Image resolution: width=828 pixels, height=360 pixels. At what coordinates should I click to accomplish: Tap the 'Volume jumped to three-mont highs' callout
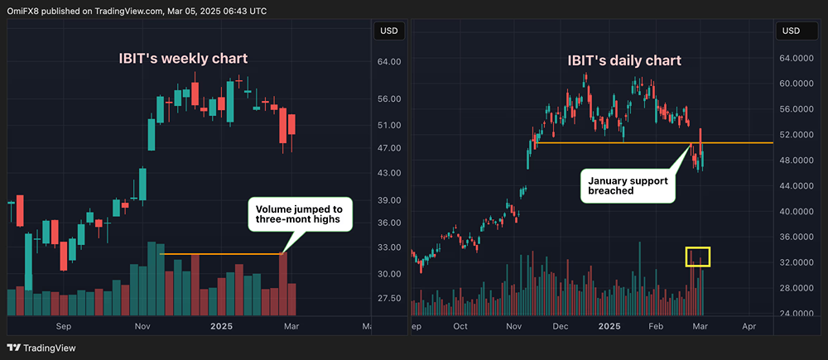tap(301, 214)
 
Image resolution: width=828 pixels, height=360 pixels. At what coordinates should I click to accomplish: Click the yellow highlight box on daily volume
tap(697, 257)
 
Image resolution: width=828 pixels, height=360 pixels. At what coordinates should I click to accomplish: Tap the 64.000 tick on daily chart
tap(796, 58)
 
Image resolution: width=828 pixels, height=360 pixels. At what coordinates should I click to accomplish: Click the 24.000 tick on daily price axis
tap(796, 314)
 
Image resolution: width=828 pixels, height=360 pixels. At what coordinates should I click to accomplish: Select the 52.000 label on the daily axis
tap(796, 135)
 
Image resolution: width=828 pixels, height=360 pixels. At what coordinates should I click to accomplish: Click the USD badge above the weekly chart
tap(388, 31)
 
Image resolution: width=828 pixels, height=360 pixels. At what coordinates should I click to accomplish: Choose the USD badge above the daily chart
tap(792, 31)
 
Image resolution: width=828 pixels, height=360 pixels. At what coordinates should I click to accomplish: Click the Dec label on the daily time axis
tap(561, 326)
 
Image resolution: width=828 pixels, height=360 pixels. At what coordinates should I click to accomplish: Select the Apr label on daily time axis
tap(749, 326)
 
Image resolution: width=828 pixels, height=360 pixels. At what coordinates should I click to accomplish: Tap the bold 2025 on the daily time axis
tap(609, 326)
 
